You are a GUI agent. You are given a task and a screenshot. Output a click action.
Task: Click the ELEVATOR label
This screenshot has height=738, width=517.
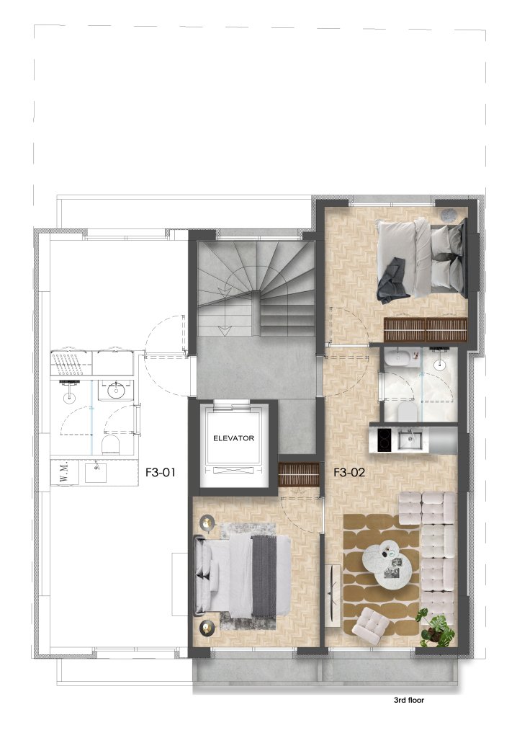click(233, 437)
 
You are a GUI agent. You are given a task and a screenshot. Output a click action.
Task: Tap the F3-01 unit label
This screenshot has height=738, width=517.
click(160, 472)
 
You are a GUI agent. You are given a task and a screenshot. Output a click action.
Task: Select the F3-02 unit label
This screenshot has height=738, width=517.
click(349, 472)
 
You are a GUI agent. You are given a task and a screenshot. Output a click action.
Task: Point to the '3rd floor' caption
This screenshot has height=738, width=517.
click(409, 700)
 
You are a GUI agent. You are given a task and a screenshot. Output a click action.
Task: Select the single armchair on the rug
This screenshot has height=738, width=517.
click(371, 625)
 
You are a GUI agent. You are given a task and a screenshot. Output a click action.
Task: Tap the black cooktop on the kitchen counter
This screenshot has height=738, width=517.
click(385, 440)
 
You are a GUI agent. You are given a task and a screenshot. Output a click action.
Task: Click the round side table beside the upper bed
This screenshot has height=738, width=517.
click(447, 214)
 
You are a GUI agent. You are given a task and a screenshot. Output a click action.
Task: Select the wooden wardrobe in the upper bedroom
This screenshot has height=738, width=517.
click(426, 329)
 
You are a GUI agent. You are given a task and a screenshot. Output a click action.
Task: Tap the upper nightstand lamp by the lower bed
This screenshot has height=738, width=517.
click(207, 522)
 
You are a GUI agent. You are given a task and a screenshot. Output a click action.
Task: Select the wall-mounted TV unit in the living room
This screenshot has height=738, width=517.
click(333, 595)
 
